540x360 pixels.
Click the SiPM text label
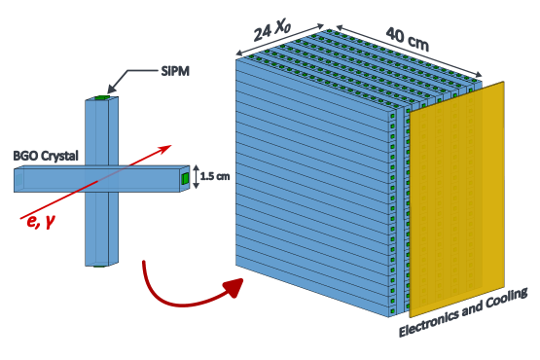(x=176, y=71)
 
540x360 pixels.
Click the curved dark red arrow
(x=180, y=288)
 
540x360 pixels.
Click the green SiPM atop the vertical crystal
(x=102, y=97)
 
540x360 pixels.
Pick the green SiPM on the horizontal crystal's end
(x=185, y=179)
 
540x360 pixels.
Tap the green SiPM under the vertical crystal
(x=101, y=265)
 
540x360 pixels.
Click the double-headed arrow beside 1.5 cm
(x=198, y=176)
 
